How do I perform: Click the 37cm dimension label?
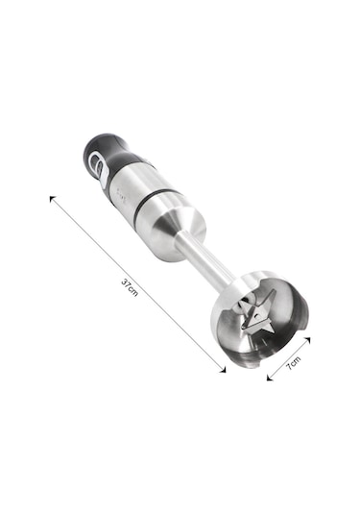click(x=130, y=287)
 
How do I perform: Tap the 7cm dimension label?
click(x=293, y=363)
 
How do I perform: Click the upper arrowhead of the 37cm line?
click(x=52, y=199)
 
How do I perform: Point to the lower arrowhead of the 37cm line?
click(x=223, y=370)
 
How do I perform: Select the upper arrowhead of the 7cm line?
click(x=306, y=339)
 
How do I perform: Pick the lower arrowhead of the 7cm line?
click(x=270, y=378)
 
